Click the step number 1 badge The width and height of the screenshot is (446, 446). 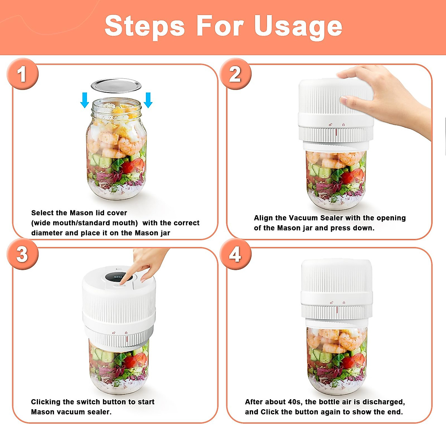[22, 74]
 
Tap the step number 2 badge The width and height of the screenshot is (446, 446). [235, 74]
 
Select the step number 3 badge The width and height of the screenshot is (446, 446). [22, 255]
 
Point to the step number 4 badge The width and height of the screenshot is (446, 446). [235, 255]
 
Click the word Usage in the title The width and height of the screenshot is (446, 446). [298, 27]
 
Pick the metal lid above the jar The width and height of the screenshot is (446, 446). [116, 85]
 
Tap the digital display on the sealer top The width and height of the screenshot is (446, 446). [115, 277]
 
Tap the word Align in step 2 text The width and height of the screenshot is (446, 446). [263, 218]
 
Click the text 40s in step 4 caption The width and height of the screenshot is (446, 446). [291, 402]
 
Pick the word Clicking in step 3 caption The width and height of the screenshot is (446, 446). [46, 402]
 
